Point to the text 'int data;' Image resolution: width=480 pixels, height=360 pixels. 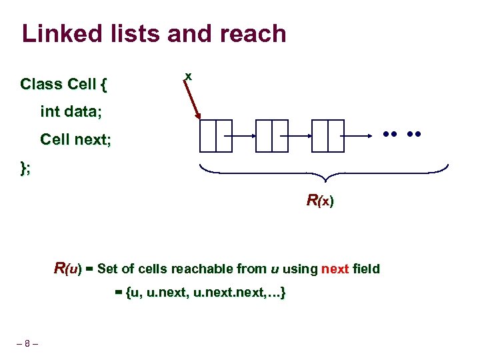(x=71, y=112)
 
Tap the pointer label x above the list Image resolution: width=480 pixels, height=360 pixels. (x=189, y=77)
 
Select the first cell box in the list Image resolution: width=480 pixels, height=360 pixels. (x=215, y=136)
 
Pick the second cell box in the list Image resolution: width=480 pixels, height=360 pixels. (x=271, y=136)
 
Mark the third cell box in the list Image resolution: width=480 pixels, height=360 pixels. (x=327, y=136)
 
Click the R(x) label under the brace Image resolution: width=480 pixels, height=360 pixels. (x=320, y=200)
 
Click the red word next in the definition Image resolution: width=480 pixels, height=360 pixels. (x=335, y=269)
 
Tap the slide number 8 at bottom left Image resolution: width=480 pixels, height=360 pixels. (x=27, y=344)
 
